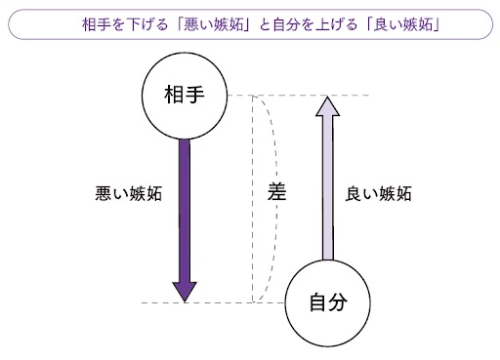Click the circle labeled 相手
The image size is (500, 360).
coord(183,96)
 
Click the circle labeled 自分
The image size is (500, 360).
coord(328,302)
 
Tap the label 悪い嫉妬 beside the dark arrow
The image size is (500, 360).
coord(121,193)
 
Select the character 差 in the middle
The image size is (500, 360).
coord(275,193)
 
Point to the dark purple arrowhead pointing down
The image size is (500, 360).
coord(183,291)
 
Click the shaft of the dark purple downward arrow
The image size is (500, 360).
coord(183,205)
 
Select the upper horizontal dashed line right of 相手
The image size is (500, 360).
coord(293,96)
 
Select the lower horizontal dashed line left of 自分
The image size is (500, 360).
coord(215,303)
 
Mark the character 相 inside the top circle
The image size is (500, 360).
coord(172,96)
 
